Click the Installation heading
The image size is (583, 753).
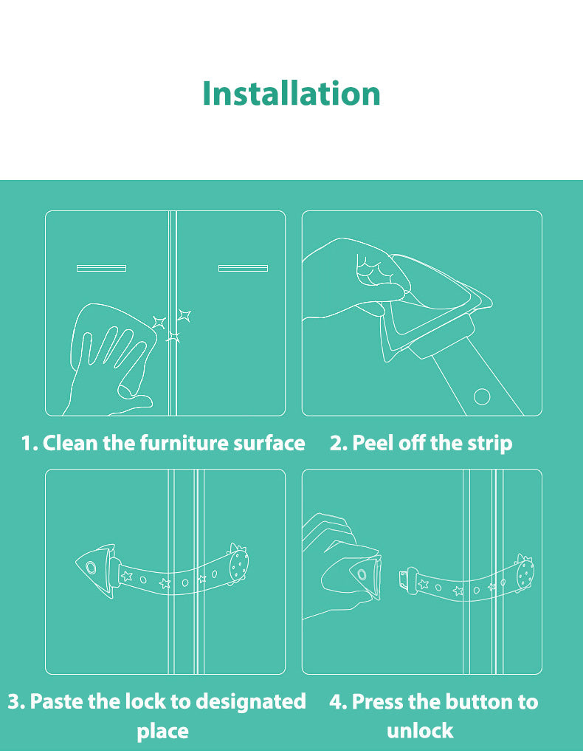pos(291,93)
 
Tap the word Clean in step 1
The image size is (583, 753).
pos(69,443)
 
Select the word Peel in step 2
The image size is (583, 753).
pos(373,443)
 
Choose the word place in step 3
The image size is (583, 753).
pos(162,732)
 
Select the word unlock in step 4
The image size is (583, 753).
pos(420,730)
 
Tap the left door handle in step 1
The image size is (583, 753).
pos(101,268)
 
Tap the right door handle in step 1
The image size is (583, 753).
pos(243,268)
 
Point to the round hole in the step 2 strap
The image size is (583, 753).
pos(482,396)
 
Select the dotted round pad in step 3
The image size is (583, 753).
pos(238,565)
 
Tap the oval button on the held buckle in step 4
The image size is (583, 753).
pos(362,574)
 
